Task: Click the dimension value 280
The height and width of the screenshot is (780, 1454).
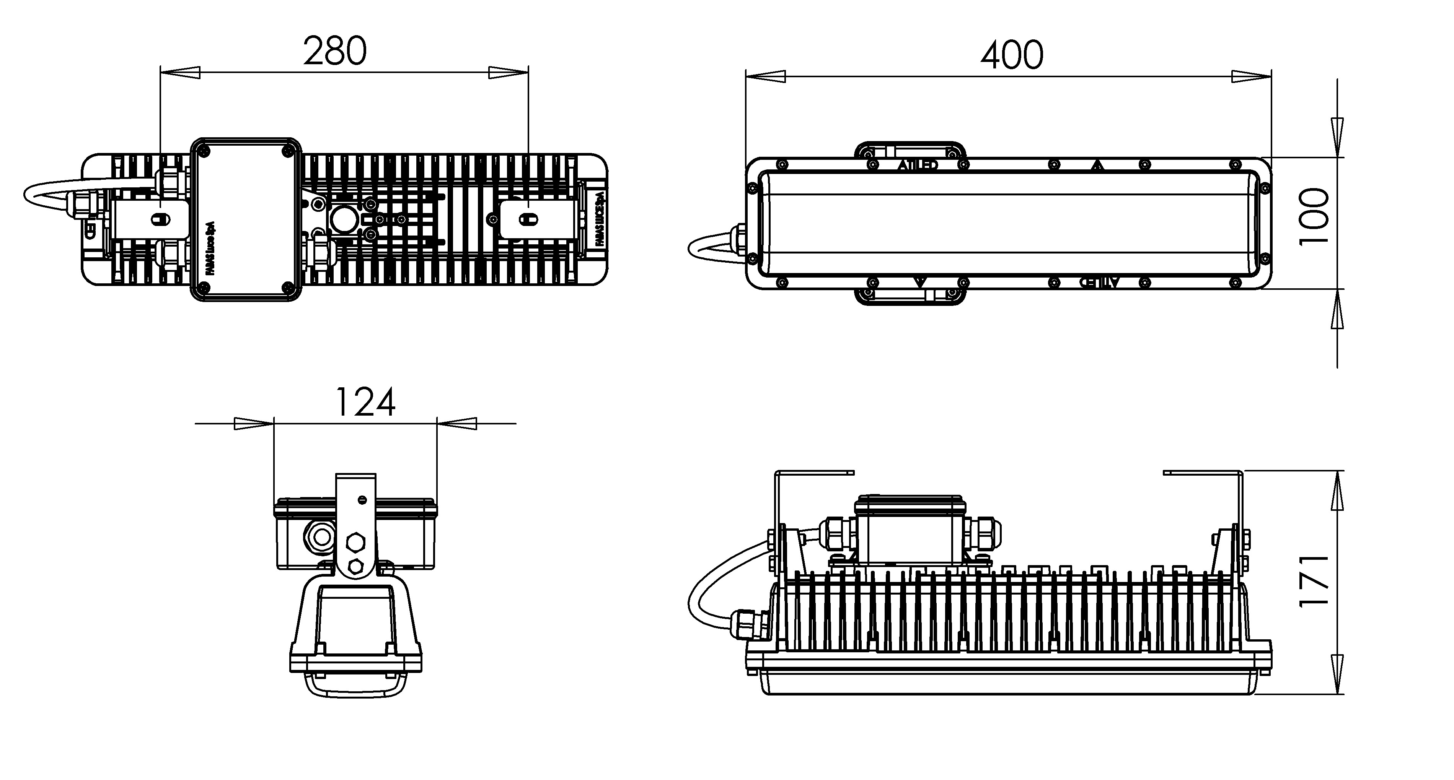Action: (335, 51)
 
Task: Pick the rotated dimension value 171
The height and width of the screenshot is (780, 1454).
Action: (1314, 581)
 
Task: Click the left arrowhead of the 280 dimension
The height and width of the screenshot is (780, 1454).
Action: (181, 72)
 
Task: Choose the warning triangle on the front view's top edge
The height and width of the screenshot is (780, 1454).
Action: (1097, 166)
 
